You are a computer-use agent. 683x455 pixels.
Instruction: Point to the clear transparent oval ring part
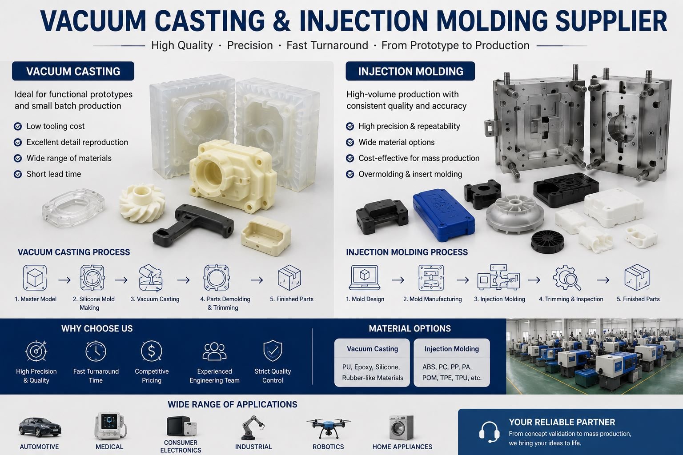pyautogui.click(x=73, y=207)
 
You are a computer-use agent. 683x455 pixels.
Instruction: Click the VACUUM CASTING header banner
pyautogui.click(x=73, y=71)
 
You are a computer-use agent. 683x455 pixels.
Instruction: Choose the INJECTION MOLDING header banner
pyautogui.click(x=410, y=71)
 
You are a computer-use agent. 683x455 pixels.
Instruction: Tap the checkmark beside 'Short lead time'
pyautogui.click(x=18, y=174)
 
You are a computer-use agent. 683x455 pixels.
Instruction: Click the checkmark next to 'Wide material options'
pyautogui.click(x=350, y=142)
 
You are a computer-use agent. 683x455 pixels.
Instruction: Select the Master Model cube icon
pyautogui.click(x=35, y=278)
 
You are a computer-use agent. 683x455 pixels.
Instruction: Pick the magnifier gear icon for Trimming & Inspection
pyautogui.click(x=567, y=278)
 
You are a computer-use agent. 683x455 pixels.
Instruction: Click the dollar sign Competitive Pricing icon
pyautogui.click(x=152, y=351)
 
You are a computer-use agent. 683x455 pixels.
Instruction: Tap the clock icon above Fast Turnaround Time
pyautogui.click(x=96, y=351)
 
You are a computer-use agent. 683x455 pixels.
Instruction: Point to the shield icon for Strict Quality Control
pyautogui.click(x=273, y=351)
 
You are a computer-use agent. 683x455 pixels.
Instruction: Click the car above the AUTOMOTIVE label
pyautogui.click(x=40, y=427)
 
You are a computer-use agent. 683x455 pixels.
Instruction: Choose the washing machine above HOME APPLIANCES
pyautogui.click(x=401, y=427)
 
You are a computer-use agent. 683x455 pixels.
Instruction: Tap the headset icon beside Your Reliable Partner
pyautogui.click(x=489, y=432)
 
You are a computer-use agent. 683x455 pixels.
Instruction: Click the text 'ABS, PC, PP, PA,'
pyautogui.click(x=447, y=367)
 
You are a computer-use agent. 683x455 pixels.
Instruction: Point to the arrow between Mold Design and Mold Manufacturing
pyautogui.click(x=398, y=280)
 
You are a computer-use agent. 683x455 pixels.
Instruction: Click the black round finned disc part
pyautogui.click(x=547, y=243)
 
